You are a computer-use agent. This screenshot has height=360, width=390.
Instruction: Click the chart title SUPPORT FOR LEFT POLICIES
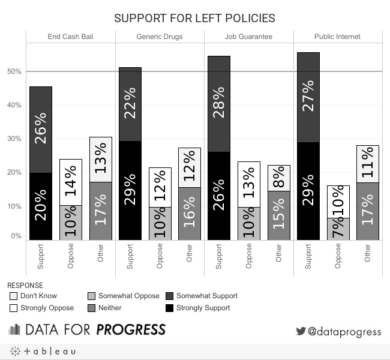click(194, 17)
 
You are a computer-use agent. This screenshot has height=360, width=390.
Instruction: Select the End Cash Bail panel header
click(70, 37)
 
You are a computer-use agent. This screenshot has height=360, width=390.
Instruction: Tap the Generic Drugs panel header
click(160, 37)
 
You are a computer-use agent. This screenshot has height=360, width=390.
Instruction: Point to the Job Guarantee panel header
click(248, 37)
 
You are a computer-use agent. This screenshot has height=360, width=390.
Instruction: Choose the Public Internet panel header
click(337, 37)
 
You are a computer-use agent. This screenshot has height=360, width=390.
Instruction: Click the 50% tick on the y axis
click(14, 71)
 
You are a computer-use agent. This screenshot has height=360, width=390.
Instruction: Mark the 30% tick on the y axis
click(14, 139)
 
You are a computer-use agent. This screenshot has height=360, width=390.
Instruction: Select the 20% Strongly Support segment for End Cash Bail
click(41, 206)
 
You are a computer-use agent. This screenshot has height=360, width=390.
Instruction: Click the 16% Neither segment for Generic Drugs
click(190, 214)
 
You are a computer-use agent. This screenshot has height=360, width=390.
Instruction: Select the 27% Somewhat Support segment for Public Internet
click(308, 97)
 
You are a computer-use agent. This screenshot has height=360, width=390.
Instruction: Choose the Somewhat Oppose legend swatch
click(91, 296)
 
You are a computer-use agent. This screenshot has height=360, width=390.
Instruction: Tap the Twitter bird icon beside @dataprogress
click(301, 331)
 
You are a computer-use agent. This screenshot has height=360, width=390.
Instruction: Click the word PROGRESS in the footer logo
click(131, 330)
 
